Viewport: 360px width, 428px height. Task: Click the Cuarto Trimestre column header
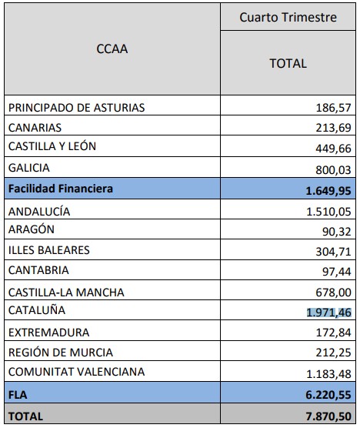[x=288, y=18]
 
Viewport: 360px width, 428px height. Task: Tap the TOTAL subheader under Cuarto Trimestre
[x=288, y=63]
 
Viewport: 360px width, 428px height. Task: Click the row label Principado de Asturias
[x=77, y=107]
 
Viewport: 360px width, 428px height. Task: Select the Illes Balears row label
[x=48, y=250]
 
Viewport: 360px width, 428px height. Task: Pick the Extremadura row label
[x=48, y=333]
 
